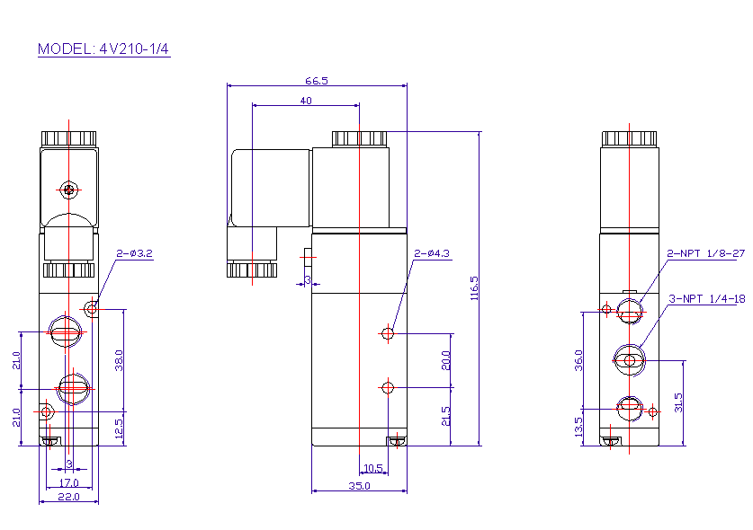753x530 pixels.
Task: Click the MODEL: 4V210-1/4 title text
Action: click(103, 49)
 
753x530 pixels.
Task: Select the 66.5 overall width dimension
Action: click(317, 80)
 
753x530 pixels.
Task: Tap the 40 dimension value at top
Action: click(306, 102)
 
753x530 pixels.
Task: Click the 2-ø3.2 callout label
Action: click(135, 254)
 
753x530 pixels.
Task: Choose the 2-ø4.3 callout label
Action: click(431, 254)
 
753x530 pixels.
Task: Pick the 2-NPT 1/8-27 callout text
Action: click(706, 254)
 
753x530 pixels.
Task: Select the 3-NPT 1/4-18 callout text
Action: click(707, 298)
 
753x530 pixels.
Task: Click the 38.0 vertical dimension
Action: click(119, 360)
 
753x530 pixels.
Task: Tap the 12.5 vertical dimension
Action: click(119, 428)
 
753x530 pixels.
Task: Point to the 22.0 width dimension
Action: click(68, 497)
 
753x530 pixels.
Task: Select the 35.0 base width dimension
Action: click(359, 486)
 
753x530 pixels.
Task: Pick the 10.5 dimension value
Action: click(372, 468)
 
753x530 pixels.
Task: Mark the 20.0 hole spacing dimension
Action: click(446, 360)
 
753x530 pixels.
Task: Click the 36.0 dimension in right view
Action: click(578, 360)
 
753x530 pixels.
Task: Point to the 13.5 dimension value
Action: click(578, 425)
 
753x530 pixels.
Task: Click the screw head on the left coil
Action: click(69, 189)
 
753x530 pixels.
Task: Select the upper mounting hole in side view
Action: click(388, 334)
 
